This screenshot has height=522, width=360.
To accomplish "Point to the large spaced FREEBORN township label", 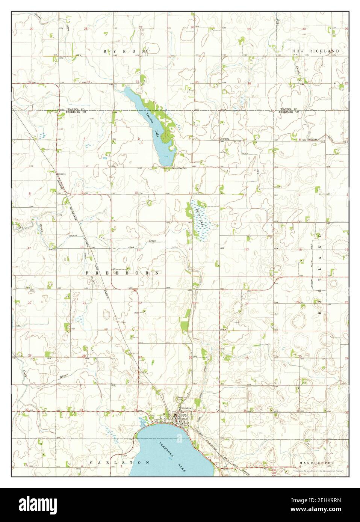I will pyautogui.click(x=123, y=273).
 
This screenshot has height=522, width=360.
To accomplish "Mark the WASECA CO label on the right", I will pyautogui.click(x=288, y=109).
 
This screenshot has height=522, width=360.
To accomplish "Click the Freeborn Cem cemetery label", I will pyautogui.click(x=182, y=399).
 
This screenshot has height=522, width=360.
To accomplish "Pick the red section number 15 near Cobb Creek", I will pyautogui.click(x=138, y=250).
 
